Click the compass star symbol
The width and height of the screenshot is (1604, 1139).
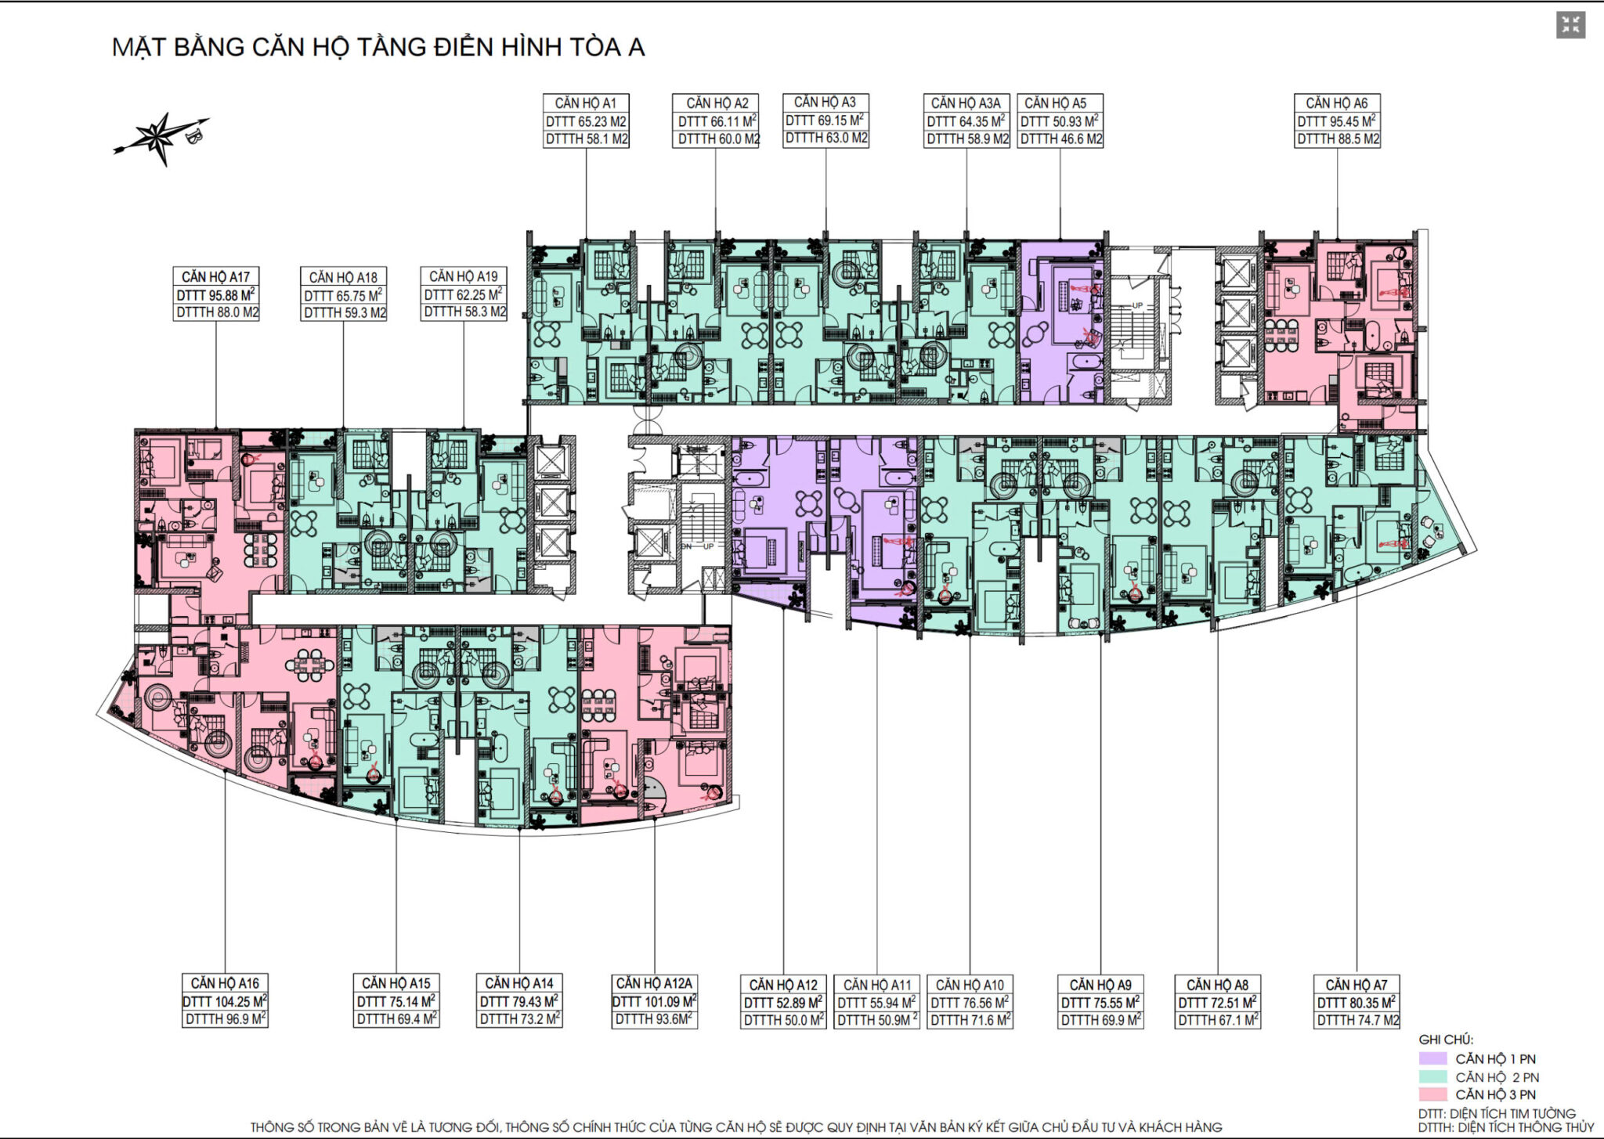coord(161,139)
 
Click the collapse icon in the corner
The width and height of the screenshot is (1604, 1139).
coord(1570,25)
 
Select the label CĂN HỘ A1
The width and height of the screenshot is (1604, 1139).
coord(586,103)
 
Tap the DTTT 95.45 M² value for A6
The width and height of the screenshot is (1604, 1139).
coord(1337,121)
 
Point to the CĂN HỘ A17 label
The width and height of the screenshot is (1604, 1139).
coord(215,277)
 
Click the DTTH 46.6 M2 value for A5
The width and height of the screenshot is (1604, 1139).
coord(1060,139)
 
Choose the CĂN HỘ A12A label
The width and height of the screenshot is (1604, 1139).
coord(654,983)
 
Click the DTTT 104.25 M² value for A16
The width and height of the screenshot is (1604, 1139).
coord(225,1001)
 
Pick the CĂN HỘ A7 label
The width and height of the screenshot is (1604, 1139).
coord(1357,985)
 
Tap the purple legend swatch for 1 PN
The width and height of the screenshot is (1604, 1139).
coord(1432,1058)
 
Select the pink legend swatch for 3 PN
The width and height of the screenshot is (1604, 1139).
coord(1432,1094)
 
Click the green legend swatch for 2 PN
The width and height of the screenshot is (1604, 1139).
coord(1432,1076)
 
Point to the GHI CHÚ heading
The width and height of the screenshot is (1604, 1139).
coord(1446,1040)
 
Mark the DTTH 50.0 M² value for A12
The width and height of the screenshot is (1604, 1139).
coord(783,1020)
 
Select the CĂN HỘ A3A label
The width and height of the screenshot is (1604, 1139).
coord(966,103)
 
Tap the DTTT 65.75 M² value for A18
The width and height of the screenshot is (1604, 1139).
coord(343,296)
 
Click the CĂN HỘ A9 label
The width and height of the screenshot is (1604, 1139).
coord(1100,985)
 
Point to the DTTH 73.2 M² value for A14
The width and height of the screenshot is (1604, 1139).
coord(519,1018)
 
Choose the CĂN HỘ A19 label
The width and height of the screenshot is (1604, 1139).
coord(463,276)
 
